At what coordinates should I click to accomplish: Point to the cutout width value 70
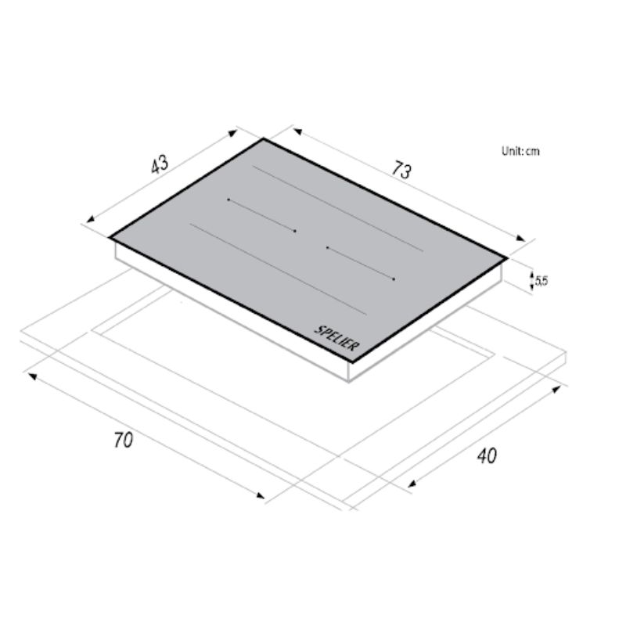pos(124,440)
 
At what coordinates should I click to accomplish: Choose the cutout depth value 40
pos(486,455)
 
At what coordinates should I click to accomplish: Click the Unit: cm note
pos(520,151)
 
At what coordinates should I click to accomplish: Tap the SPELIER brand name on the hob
pos(337,339)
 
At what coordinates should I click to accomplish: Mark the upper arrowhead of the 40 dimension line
pos(560,386)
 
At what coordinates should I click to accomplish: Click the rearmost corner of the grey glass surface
pos(264,139)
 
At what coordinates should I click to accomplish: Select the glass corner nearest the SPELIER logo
pos(359,362)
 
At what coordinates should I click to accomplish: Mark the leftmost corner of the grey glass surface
pos(110,236)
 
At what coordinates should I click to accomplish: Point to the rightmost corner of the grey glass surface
pos(506,257)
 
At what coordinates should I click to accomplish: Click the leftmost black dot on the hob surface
pos(228,200)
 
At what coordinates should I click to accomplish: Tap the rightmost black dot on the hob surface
pos(394,279)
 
